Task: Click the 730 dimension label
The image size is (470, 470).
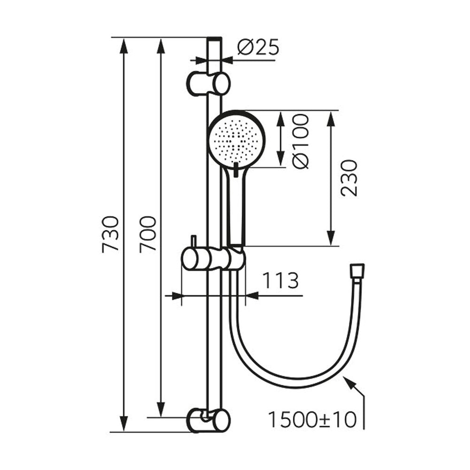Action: tap(110, 234)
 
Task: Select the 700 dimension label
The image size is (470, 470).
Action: tap(148, 234)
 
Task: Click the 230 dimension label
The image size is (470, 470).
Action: tap(350, 178)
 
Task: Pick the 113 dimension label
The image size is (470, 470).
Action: tap(281, 281)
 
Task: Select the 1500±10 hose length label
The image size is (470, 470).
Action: tap(313, 420)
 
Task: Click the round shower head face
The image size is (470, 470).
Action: tap(237, 140)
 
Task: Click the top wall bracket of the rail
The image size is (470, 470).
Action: tap(209, 83)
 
